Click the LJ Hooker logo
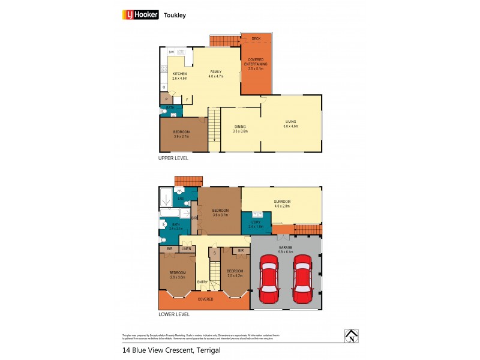[140, 16]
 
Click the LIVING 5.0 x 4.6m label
[292, 125]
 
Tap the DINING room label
[240, 128]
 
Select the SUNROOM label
[281, 204]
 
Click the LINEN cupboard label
[186, 248]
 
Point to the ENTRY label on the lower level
[203, 282]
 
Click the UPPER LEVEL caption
[173, 158]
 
